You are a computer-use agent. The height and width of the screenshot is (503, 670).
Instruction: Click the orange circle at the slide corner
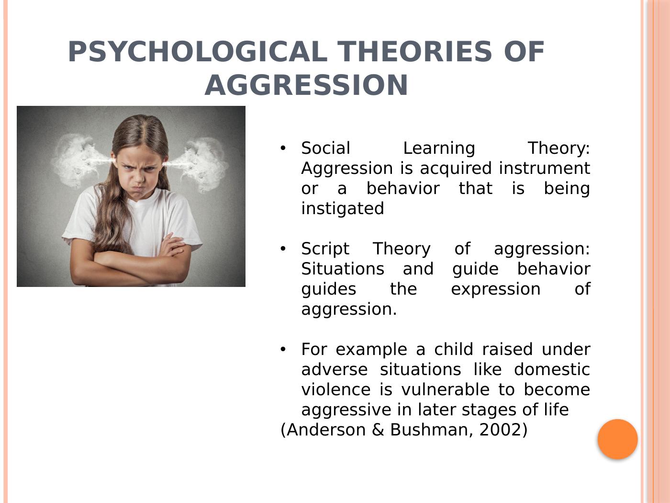pos(617,439)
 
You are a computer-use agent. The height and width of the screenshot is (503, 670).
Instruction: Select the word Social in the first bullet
pos(325,148)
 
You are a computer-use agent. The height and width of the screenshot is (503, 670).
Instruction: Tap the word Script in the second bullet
pos(325,250)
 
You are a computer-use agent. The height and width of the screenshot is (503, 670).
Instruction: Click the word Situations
pos(343,269)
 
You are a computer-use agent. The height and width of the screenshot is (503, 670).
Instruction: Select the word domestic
pos(552,369)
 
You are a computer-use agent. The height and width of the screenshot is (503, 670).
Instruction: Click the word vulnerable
pos(446,389)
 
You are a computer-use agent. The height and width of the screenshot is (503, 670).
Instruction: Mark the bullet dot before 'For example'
pos(283,349)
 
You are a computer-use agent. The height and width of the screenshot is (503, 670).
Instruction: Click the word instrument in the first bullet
pos(544,168)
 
